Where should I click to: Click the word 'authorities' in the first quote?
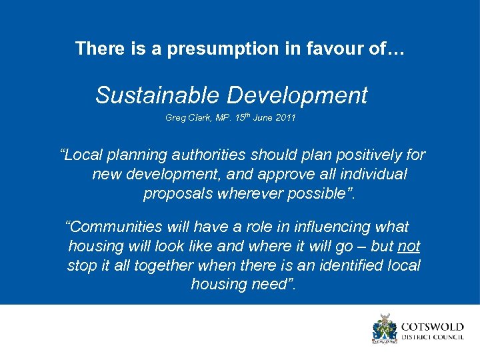click(206, 155)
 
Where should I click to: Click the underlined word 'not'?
click(408, 246)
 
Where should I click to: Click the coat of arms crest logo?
click(384, 329)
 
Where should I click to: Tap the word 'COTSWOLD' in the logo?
click(432, 327)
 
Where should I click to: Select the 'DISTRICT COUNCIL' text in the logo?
click(432, 338)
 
